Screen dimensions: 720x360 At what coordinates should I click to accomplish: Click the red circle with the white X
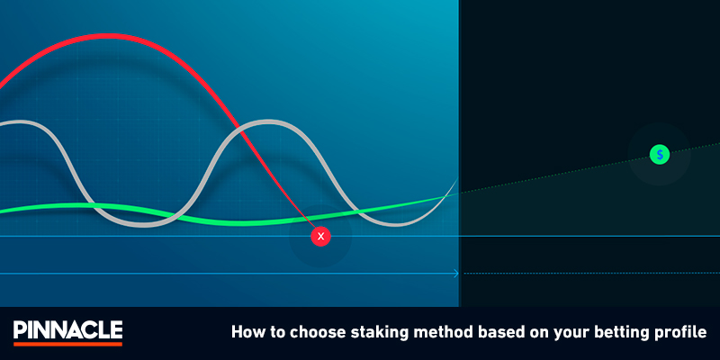point(320,237)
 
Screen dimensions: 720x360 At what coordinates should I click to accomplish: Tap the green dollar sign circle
point(660,155)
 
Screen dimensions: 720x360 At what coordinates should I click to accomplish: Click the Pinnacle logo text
point(68,329)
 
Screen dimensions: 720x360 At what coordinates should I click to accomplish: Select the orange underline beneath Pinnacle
point(68,344)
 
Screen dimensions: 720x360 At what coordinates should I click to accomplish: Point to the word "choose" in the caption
point(306,331)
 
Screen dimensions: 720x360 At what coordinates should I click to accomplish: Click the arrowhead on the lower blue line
point(456,274)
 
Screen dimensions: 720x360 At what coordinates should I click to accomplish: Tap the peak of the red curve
point(105,36)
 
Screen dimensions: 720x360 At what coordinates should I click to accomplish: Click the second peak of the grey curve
point(267,122)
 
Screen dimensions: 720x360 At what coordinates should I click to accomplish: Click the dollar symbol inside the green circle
point(660,155)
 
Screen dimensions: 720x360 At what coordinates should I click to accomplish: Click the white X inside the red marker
point(320,237)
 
